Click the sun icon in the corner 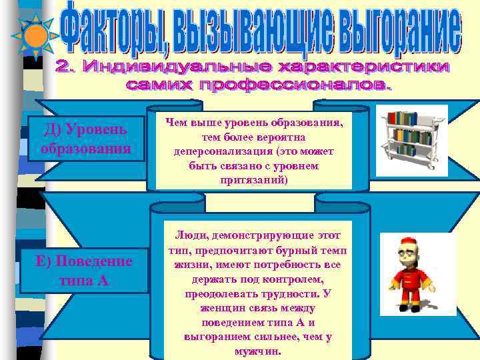pos(37,36)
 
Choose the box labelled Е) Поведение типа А pos(84,271)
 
